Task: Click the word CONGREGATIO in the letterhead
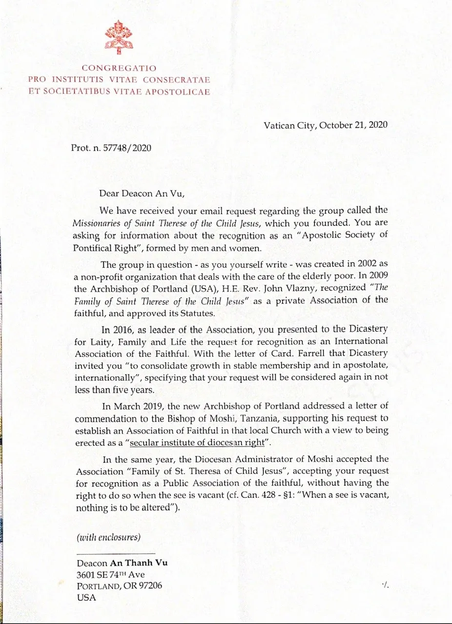click(119, 68)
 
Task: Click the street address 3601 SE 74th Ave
click(110, 575)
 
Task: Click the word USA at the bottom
click(86, 597)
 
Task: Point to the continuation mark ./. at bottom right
click(386, 585)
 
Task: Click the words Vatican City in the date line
click(290, 125)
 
